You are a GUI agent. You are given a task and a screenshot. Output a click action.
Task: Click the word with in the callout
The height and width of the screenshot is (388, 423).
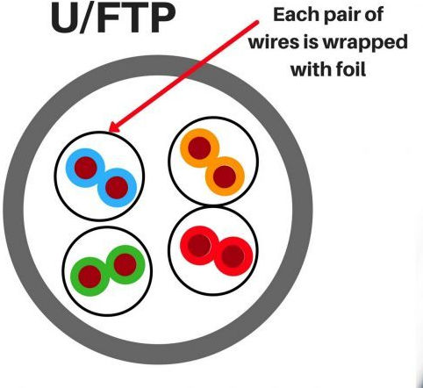pos(311,69)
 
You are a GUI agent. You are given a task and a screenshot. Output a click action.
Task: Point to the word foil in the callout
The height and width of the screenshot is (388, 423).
pos(352,69)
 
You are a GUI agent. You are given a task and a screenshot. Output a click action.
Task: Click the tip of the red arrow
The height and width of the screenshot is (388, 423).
pos(109,132)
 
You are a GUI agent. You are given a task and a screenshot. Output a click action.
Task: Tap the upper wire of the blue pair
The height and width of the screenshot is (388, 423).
pos(85,168)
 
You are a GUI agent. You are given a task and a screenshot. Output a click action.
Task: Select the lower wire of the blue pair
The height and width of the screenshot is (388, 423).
pos(117,188)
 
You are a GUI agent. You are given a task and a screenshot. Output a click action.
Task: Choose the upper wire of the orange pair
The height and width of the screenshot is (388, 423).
pos(199,148)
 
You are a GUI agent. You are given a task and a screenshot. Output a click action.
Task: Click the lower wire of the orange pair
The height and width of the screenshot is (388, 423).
pos(225,176)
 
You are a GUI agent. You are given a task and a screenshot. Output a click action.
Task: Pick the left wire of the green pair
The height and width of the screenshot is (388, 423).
pos(90,277)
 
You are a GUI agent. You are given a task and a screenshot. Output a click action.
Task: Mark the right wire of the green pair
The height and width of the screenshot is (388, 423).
pos(125,264)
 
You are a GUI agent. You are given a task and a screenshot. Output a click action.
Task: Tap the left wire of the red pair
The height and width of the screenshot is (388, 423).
pos(199,245)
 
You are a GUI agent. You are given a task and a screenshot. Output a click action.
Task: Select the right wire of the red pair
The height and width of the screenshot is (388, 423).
pos(233,256)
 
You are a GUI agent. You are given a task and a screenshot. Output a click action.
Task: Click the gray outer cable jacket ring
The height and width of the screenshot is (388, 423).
pos(13,210)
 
